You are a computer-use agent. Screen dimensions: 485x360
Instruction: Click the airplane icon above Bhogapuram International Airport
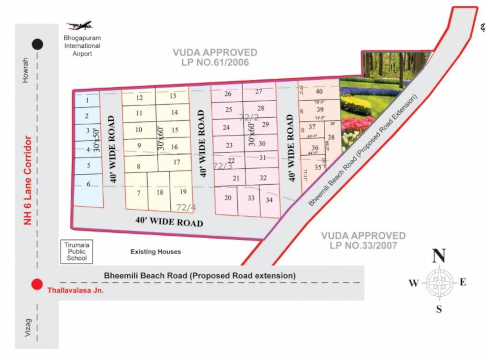click(x=80, y=25)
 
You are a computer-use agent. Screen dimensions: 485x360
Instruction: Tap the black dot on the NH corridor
click(x=37, y=45)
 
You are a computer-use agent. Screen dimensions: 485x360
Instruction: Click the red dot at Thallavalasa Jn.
click(x=37, y=285)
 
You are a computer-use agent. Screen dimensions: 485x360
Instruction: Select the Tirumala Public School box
click(x=77, y=252)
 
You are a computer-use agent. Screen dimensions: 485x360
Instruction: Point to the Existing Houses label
click(x=156, y=252)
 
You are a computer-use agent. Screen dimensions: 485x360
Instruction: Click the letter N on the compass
click(x=439, y=256)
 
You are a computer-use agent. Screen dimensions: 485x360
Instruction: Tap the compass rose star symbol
click(x=439, y=282)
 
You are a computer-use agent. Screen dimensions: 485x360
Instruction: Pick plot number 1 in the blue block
click(x=87, y=100)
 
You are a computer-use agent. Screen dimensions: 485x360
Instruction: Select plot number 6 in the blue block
click(x=89, y=184)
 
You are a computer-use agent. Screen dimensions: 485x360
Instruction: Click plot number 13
click(x=172, y=96)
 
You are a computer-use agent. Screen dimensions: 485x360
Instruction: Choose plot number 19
click(x=183, y=192)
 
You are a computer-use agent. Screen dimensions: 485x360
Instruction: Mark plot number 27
click(x=259, y=92)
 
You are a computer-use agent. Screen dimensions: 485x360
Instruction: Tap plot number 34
click(x=269, y=200)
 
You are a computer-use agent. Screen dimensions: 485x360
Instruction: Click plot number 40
click(x=319, y=92)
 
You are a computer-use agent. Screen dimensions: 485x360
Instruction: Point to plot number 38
click(x=331, y=137)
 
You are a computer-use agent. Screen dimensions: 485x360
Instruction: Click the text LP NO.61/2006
click(x=215, y=62)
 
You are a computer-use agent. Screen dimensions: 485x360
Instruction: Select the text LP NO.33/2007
click(x=363, y=245)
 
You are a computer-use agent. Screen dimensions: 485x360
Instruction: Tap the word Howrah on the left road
click(x=26, y=70)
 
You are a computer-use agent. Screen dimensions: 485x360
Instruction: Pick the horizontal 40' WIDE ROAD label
click(x=169, y=221)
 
